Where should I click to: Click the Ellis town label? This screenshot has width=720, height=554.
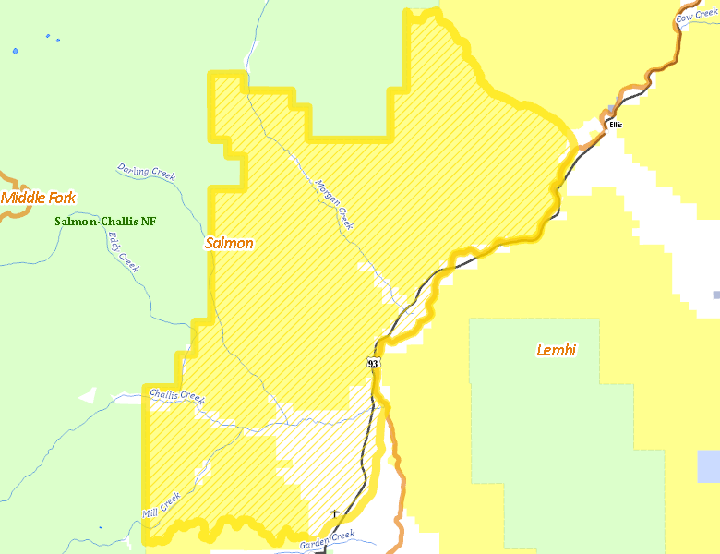click(615, 124)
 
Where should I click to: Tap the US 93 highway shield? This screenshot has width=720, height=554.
click(373, 363)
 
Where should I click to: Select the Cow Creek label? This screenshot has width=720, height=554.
click(697, 16)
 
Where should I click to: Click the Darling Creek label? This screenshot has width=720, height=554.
click(146, 171)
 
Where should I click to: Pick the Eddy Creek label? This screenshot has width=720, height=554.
click(123, 251)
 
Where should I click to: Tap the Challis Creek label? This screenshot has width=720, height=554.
click(176, 395)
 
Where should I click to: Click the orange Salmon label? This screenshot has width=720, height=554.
click(229, 244)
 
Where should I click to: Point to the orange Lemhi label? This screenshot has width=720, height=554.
click(557, 350)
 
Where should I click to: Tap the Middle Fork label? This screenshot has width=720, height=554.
click(38, 198)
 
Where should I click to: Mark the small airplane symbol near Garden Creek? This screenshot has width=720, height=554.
click(334, 513)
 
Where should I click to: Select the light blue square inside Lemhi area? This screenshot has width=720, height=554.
click(708, 466)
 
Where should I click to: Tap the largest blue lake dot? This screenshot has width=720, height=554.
click(15, 52)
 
